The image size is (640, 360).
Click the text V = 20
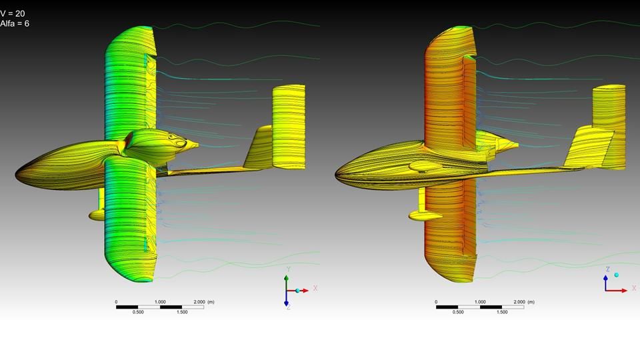(x=13, y=13)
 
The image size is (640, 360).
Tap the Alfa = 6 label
(x=15, y=23)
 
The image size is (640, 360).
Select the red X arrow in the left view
(x=297, y=291)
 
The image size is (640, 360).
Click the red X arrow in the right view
(x=616, y=291)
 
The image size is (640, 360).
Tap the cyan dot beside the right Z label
(x=616, y=275)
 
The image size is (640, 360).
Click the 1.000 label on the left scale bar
(x=160, y=302)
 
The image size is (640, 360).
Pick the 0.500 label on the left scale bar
(x=138, y=312)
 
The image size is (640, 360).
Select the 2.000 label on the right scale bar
(x=519, y=302)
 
